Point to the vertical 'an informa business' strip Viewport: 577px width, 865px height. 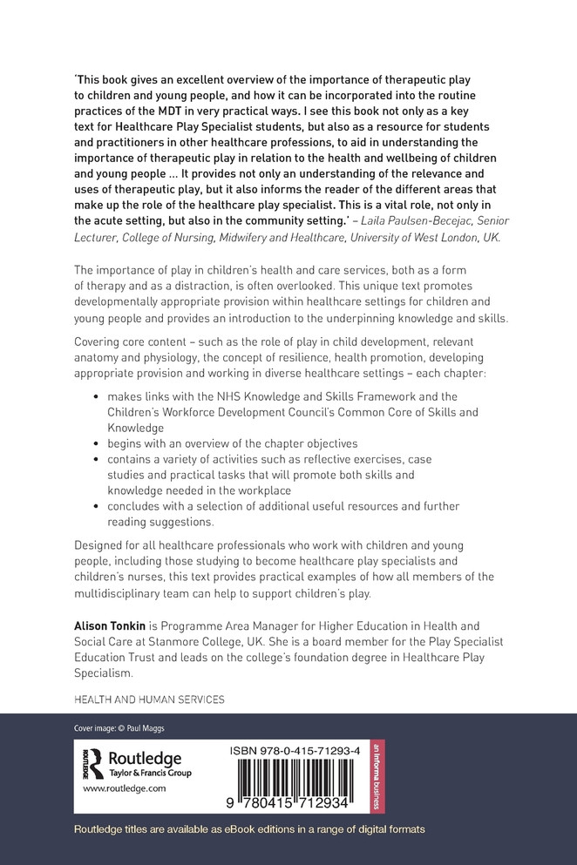(x=377, y=775)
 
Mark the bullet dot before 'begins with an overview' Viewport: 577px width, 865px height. (x=97, y=443)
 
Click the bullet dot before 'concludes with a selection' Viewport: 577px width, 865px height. (x=97, y=506)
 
